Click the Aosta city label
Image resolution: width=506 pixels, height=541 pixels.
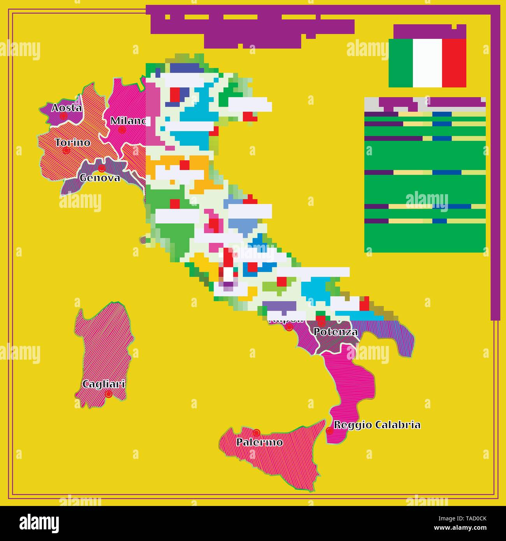click(x=67, y=108)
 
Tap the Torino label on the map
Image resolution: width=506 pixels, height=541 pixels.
click(x=73, y=142)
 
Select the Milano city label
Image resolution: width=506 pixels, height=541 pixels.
click(x=128, y=121)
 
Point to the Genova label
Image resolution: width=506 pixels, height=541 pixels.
click(x=100, y=178)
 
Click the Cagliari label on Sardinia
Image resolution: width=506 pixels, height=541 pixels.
click(x=104, y=384)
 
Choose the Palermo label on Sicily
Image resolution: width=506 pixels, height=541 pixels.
click(x=260, y=442)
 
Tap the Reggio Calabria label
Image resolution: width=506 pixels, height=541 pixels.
click(x=377, y=425)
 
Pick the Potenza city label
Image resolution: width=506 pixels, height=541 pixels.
click(x=336, y=332)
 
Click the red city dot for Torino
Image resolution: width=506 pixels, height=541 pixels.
click(x=67, y=150)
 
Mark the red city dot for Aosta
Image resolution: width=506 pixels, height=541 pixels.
click(x=63, y=116)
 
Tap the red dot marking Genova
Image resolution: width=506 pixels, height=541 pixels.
click(x=102, y=169)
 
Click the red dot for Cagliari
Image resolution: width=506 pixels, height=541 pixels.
click(x=109, y=394)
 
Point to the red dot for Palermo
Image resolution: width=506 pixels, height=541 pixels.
click(x=256, y=433)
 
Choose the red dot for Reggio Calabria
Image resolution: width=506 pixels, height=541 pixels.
click(x=330, y=430)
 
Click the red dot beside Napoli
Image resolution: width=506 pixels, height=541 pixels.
click(x=289, y=327)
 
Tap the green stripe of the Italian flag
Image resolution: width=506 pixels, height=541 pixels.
click(x=401, y=63)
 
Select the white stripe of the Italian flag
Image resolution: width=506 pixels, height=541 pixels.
click(x=427, y=63)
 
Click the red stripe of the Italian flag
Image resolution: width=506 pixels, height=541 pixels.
click(x=454, y=63)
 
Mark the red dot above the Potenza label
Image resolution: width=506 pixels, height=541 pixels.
click(x=321, y=323)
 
